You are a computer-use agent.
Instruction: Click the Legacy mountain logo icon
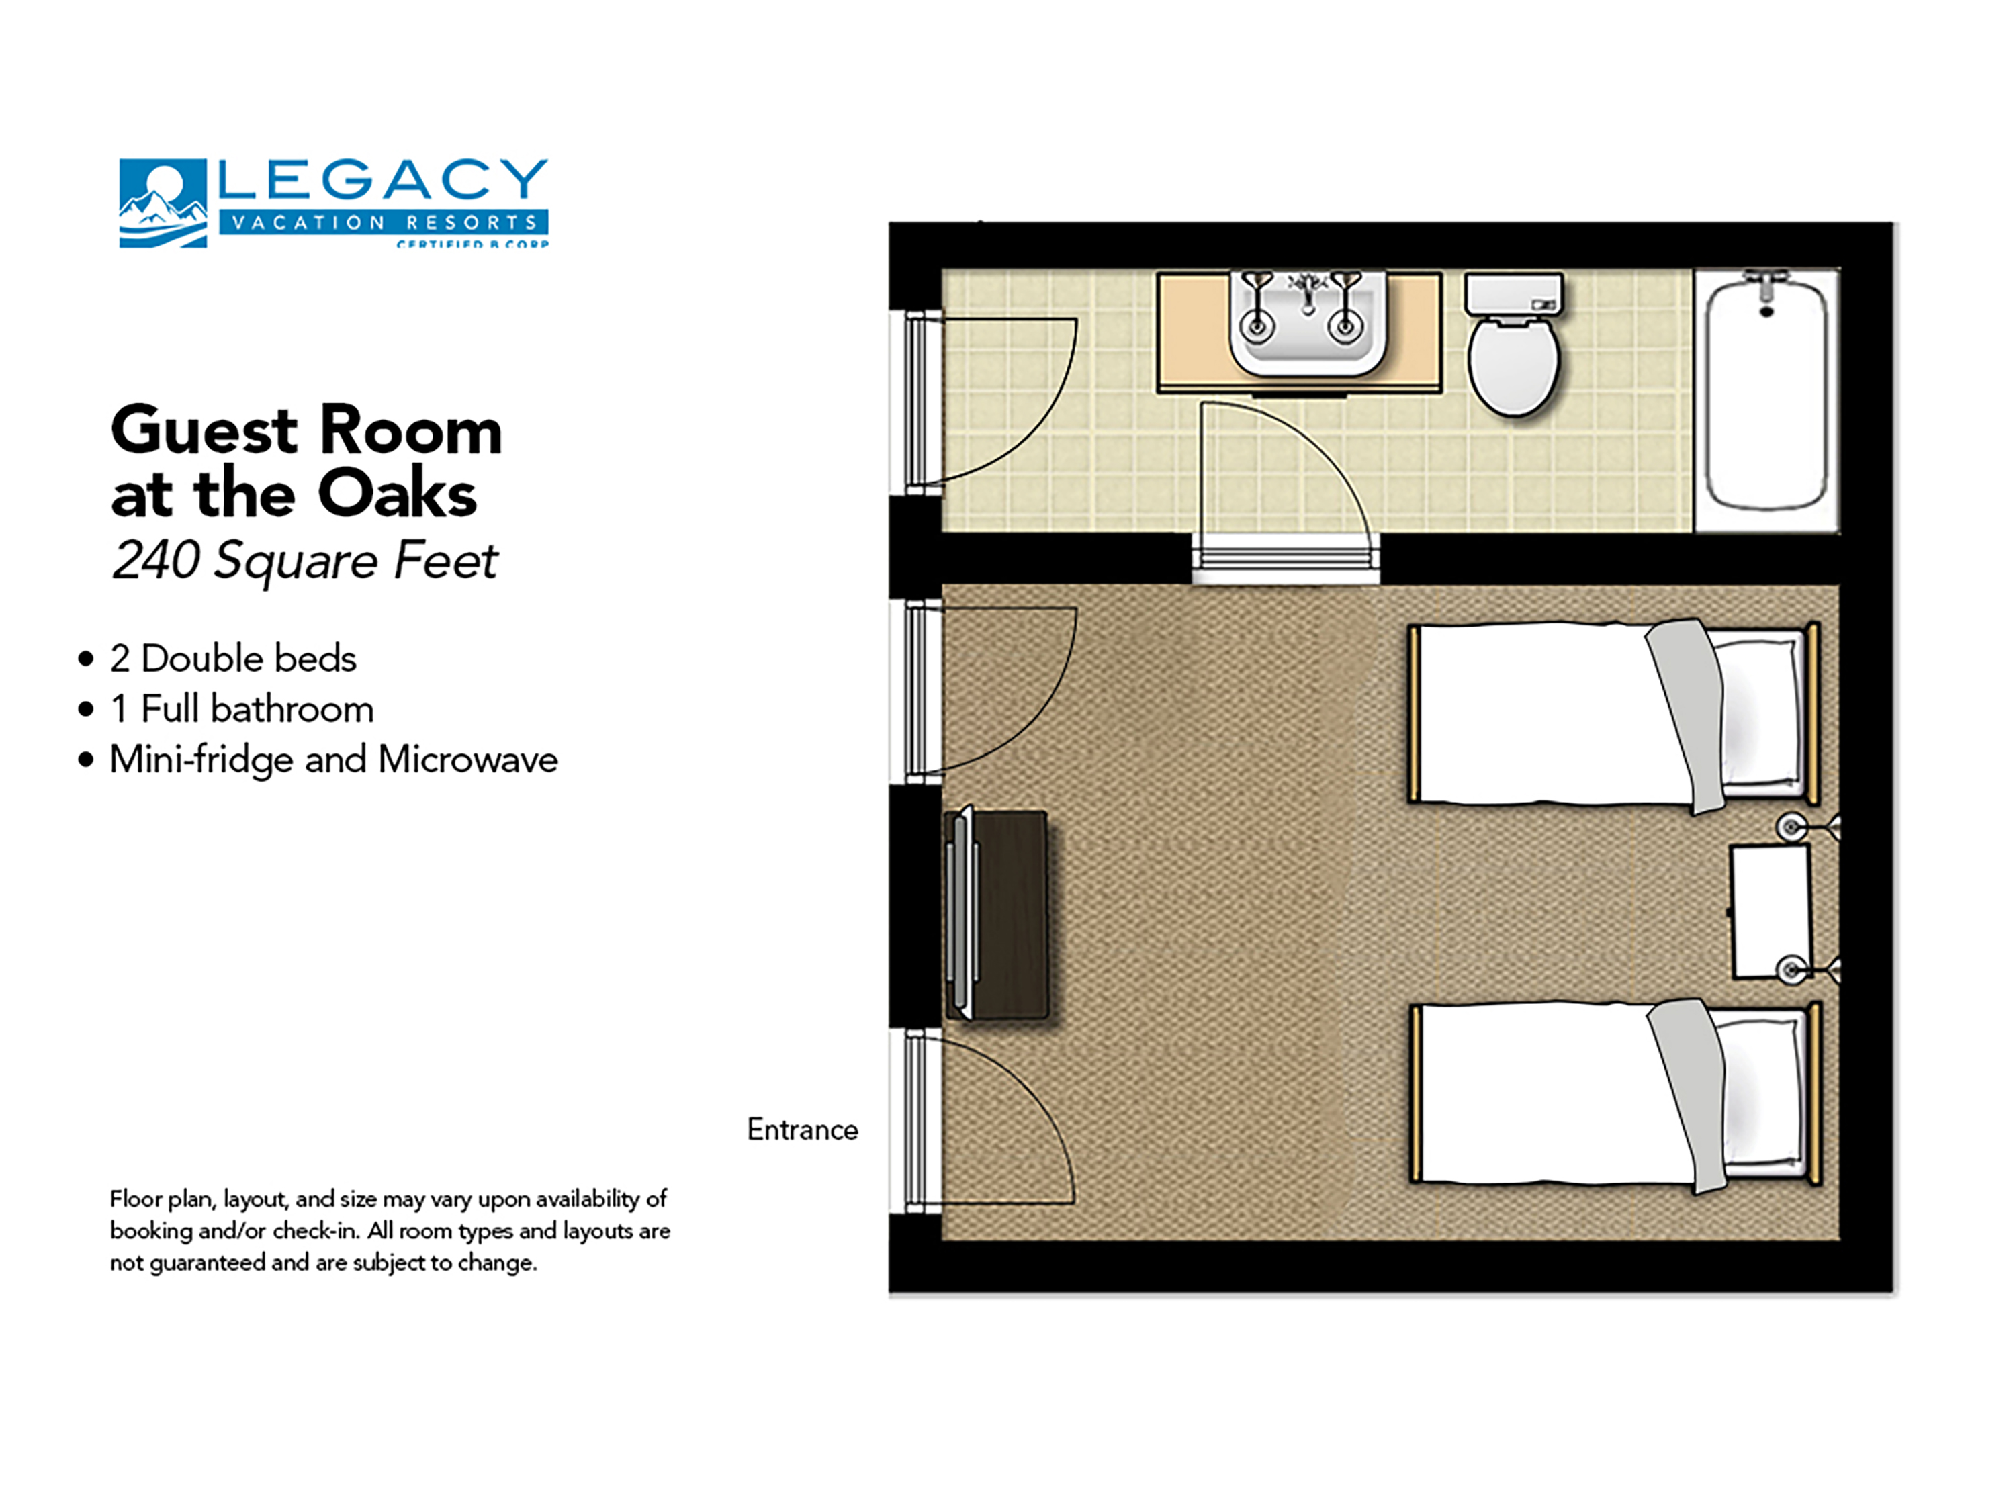coord(162,203)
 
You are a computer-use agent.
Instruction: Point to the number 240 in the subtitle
coord(156,559)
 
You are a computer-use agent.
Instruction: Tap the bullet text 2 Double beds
coord(232,659)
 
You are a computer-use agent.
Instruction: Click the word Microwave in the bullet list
coord(468,760)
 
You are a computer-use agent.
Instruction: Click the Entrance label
coord(801,1130)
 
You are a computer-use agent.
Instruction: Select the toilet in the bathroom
coord(1513,364)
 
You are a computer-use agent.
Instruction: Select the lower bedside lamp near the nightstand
coord(1792,970)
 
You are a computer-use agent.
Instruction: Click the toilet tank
coord(1513,294)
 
